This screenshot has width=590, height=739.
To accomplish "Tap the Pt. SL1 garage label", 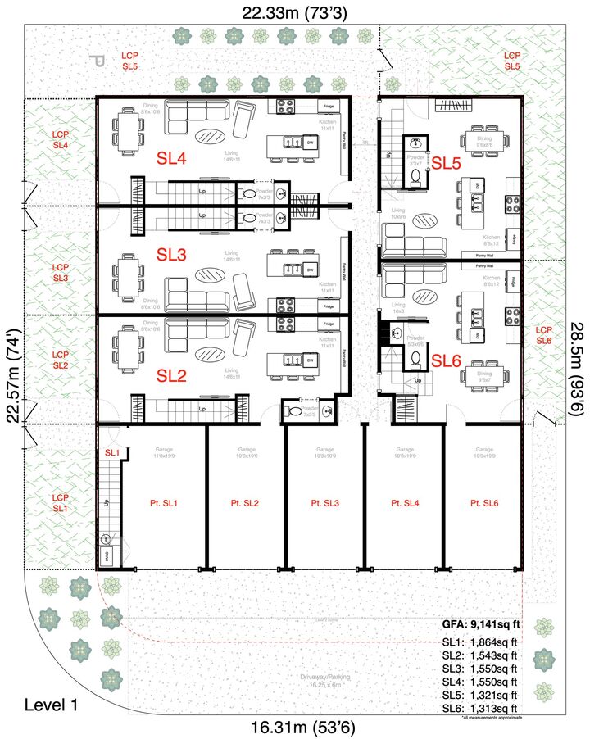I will pos(164,502).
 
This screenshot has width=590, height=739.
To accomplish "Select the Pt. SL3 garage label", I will pos(324,502).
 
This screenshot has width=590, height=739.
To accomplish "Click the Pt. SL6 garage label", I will pos(485,502).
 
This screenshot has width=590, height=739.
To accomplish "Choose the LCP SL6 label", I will pos(545,334).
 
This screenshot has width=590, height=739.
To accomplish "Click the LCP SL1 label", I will pos(60,503).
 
